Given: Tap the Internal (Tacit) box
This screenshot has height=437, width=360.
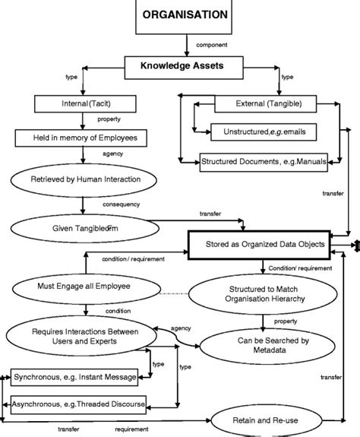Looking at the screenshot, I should coord(84,103).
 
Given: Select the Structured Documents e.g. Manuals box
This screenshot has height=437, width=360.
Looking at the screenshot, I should coord(258,161).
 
